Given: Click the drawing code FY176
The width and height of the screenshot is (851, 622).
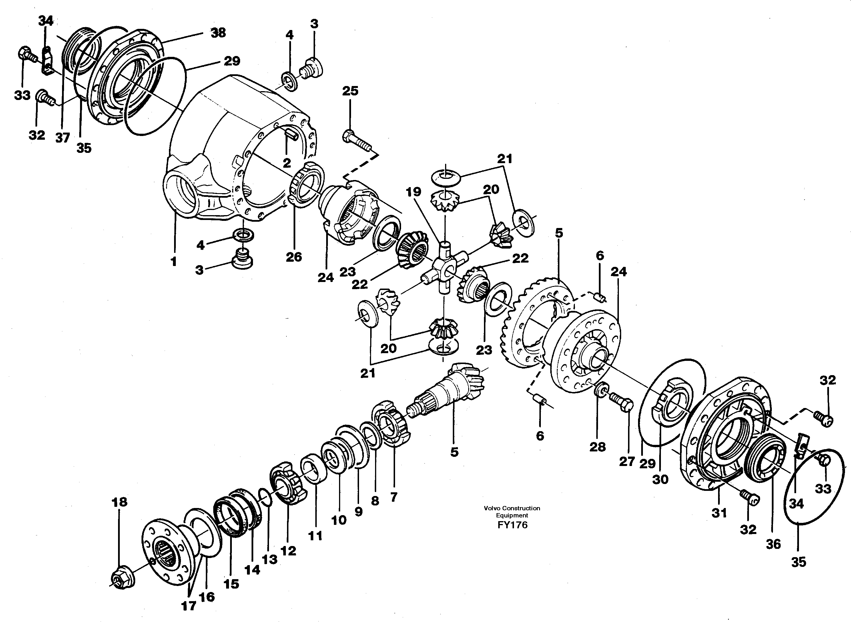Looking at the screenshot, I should (512, 525).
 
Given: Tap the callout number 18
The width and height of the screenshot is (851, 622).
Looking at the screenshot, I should (119, 502).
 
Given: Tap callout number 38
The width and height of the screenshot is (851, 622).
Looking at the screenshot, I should (218, 33).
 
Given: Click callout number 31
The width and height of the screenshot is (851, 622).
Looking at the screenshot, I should (719, 513).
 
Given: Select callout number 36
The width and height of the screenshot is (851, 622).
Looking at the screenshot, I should (773, 544).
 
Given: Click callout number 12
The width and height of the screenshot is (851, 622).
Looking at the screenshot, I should (288, 551).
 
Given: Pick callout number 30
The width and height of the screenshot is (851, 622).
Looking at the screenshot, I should (660, 479).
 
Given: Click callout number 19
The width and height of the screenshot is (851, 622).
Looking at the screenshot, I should (413, 192).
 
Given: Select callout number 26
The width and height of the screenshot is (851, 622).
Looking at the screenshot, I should (294, 257).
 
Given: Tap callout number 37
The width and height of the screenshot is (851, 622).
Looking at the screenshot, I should (63, 138).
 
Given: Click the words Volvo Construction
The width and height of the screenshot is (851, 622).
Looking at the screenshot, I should (512, 508).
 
